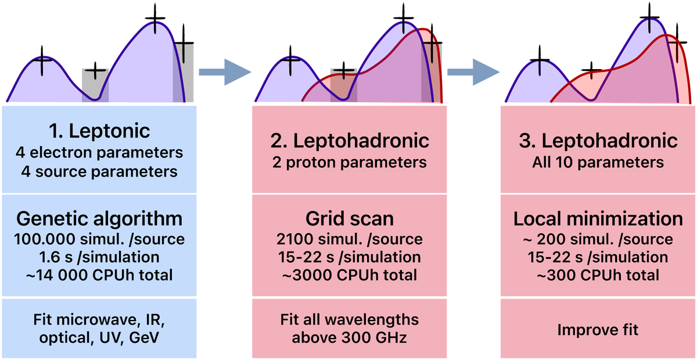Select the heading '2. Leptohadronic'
click(349, 140)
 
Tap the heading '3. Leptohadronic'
click(598, 140)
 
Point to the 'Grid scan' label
click(349, 219)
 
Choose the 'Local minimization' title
click(598, 219)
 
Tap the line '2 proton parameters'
click(349, 163)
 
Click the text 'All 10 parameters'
click(598, 163)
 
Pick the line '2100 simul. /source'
click(349, 239)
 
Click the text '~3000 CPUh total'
click(349, 275)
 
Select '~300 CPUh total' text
click(598, 275)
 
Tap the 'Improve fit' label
click(598, 330)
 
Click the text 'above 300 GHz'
click(349, 339)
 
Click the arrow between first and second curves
click(224, 72)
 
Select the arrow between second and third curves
click(474, 72)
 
